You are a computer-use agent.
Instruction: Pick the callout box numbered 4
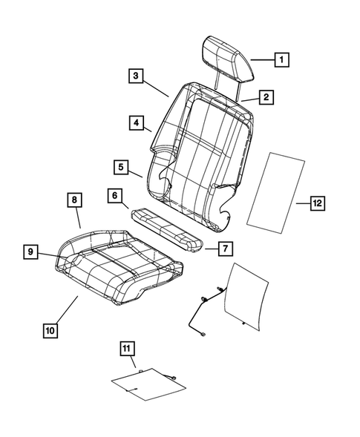(135, 122)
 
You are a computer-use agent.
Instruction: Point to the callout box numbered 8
(75, 200)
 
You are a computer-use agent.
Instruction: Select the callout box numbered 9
(30, 252)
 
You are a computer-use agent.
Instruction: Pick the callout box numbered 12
(317, 203)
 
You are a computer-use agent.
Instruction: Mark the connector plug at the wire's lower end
(203, 335)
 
